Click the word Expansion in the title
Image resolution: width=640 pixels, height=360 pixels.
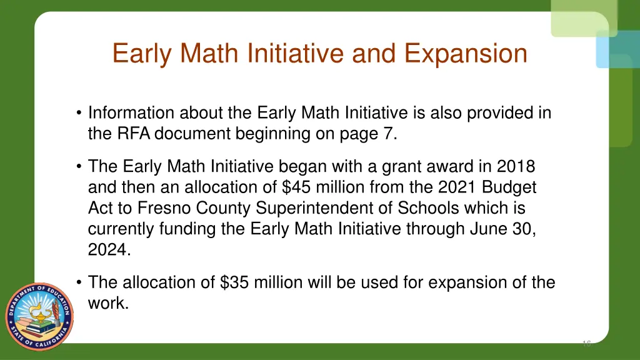point(466,54)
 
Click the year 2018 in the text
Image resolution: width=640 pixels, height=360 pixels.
point(516,167)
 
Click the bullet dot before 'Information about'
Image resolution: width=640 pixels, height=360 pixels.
point(78,114)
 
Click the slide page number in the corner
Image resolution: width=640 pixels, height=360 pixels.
point(586,344)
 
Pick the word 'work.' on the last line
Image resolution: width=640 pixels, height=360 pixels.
point(108,303)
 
